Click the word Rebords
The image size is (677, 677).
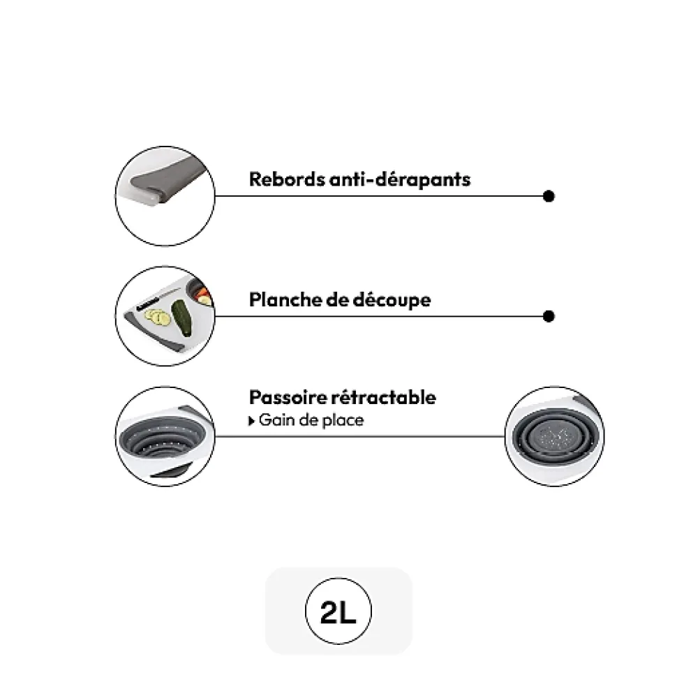point(286,179)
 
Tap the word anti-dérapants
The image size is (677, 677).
point(400,179)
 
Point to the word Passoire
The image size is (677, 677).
point(288,397)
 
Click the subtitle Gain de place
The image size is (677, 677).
point(311,420)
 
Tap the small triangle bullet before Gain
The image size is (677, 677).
point(252,421)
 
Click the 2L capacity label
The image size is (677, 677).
point(338,612)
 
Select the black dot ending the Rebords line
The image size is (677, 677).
point(549,196)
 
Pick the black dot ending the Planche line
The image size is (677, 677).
point(549,316)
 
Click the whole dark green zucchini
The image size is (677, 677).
point(182,318)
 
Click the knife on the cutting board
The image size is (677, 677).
point(158,298)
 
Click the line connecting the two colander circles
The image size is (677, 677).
point(359,436)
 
